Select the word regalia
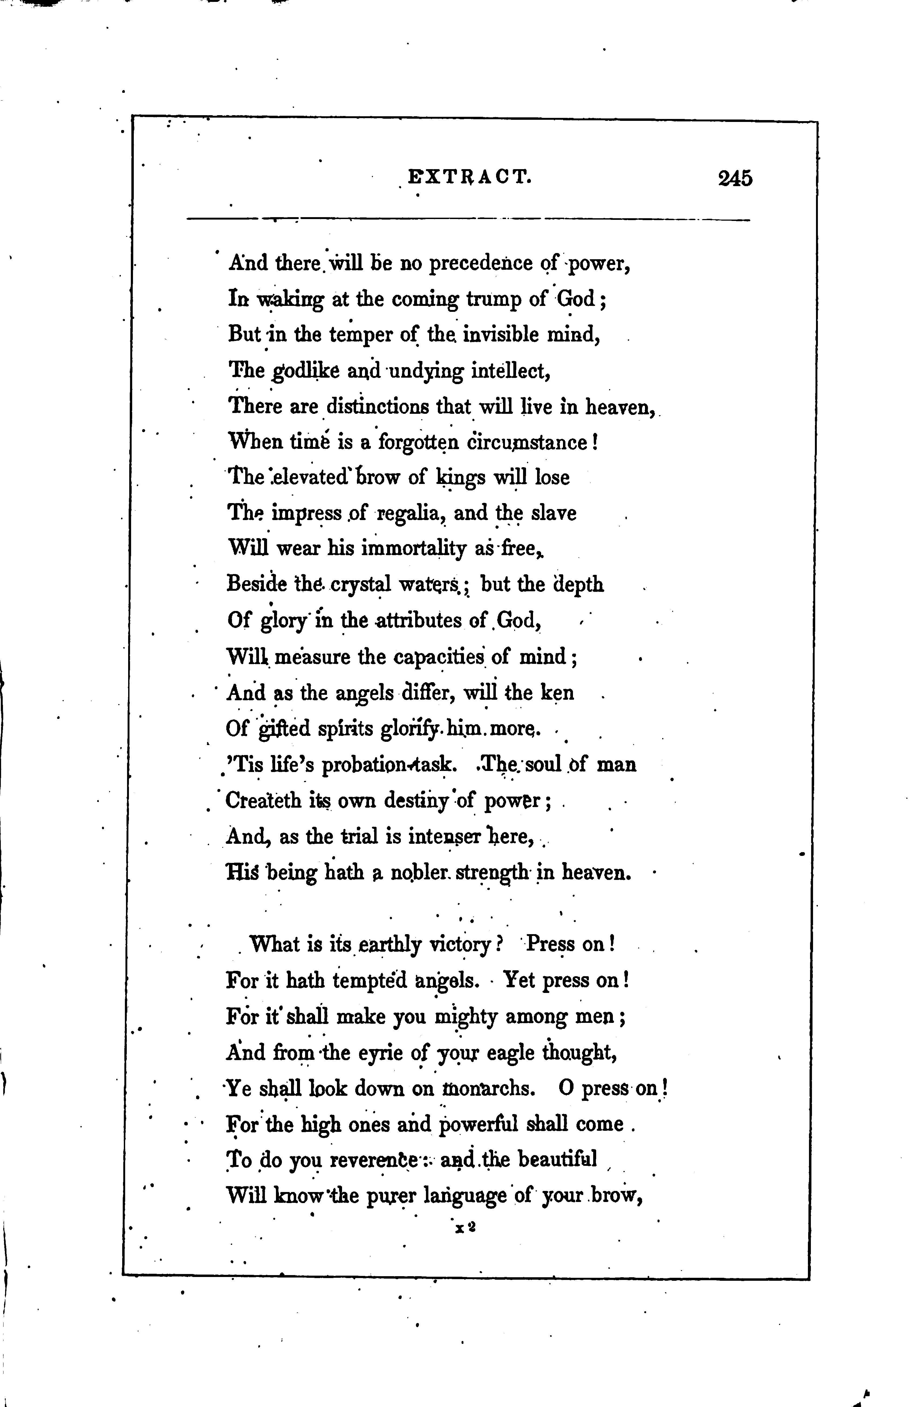coord(410,513)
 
